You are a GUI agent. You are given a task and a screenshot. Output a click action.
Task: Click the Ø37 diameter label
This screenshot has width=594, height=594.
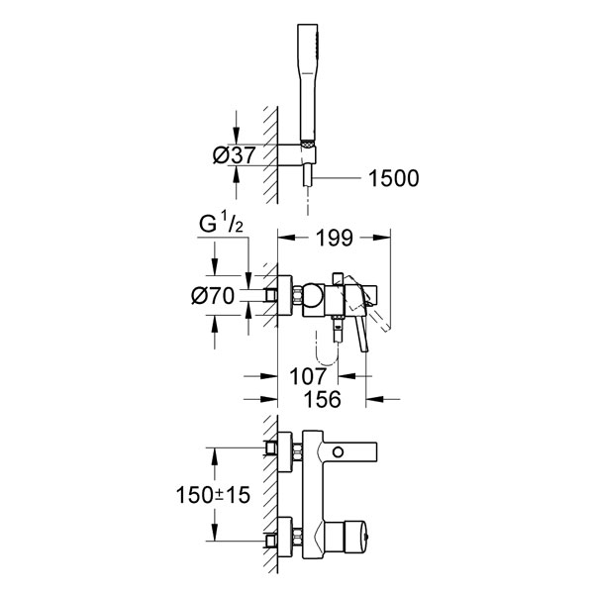(x=234, y=155)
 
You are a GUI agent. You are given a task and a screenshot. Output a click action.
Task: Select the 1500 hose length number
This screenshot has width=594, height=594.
(x=394, y=178)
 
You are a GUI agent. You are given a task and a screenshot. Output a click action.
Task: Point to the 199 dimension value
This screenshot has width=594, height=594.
(x=335, y=238)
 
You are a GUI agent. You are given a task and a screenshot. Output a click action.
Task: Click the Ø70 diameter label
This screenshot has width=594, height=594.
(x=213, y=295)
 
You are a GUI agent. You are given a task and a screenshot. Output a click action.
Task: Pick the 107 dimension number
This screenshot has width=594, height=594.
(x=308, y=376)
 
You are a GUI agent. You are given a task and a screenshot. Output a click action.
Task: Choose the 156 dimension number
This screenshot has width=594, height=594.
(x=323, y=399)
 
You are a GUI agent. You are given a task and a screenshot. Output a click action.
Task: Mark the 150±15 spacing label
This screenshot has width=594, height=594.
(x=213, y=495)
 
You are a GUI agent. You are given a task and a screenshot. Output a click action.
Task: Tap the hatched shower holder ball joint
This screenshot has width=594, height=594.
(x=308, y=144)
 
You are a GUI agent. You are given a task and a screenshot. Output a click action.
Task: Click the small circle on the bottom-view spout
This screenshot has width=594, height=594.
(x=338, y=452)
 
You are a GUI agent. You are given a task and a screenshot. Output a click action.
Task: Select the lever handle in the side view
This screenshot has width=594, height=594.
(x=363, y=334)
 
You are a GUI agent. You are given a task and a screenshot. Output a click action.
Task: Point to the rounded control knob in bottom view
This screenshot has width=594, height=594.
(x=355, y=537)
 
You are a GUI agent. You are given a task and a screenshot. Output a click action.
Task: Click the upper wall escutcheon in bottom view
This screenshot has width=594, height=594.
(x=285, y=452)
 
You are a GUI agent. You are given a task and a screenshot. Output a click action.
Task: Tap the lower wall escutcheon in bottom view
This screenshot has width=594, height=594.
(x=285, y=537)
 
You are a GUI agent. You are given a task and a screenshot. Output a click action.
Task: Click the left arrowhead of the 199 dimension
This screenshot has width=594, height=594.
(x=286, y=238)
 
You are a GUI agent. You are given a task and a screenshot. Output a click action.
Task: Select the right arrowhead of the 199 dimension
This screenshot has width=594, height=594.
(x=381, y=238)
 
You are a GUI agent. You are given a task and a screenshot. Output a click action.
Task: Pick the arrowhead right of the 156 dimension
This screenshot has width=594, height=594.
(x=374, y=399)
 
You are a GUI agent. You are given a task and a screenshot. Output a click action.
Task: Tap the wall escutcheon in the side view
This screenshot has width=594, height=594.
(x=285, y=295)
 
